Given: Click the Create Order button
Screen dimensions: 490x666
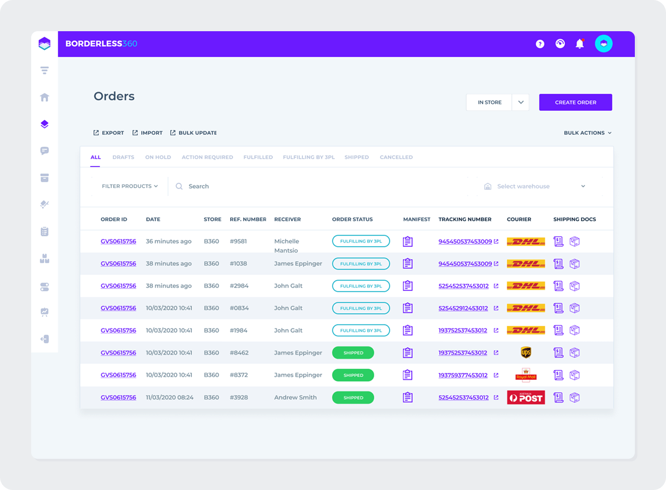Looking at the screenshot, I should tap(575, 102).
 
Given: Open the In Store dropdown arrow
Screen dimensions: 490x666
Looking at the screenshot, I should tap(521, 102).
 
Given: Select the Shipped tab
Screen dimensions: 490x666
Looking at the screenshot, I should tap(357, 157).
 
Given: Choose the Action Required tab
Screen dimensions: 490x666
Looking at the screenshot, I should tap(207, 157).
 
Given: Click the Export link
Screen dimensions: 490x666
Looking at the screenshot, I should tap(109, 133).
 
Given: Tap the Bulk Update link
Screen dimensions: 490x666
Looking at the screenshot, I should tap(193, 133).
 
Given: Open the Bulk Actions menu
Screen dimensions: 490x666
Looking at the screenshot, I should tap(587, 133).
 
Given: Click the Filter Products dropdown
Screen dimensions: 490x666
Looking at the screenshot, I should tap(130, 186).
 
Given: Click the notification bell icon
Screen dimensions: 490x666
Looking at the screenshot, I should tap(579, 44).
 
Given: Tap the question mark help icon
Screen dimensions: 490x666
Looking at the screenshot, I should tap(540, 44).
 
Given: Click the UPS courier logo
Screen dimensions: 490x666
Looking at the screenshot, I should tap(526, 353).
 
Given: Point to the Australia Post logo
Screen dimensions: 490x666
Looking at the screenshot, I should tap(526, 397).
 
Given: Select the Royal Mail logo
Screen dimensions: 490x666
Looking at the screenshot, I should tap(526, 375).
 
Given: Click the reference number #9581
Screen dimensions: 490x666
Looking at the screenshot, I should tap(238, 241).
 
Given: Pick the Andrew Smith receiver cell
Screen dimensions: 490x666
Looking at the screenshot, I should tap(295, 397).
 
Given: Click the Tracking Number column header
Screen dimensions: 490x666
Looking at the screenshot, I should tap(465, 219).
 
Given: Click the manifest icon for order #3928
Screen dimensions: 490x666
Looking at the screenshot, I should tap(408, 397).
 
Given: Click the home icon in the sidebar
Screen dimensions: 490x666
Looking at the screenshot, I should tap(45, 97).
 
